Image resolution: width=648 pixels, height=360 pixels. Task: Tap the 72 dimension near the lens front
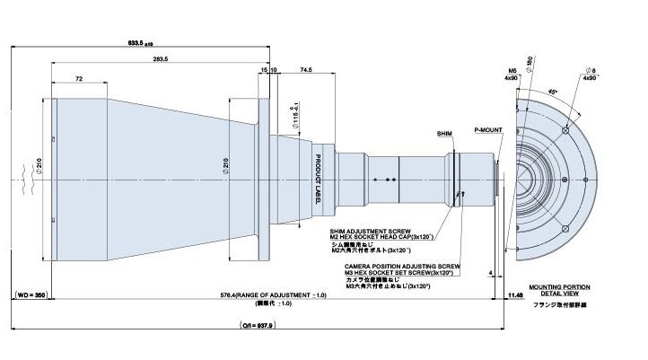click(79, 80)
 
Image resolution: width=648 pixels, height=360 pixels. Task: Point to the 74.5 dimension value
click(305, 69)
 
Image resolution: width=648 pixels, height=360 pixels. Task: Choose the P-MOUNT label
click(488, 129)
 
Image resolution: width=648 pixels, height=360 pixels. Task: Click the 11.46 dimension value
click(515, 294)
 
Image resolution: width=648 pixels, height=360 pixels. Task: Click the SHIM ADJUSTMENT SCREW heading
click(370, 231)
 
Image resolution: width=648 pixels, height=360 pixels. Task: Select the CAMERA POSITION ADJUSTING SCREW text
click(395, 267)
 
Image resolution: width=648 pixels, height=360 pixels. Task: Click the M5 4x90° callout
click(512, 73)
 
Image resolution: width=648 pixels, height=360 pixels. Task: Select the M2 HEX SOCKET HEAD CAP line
click(382, 237)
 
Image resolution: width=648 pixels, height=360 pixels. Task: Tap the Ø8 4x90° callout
click(589, 73)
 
